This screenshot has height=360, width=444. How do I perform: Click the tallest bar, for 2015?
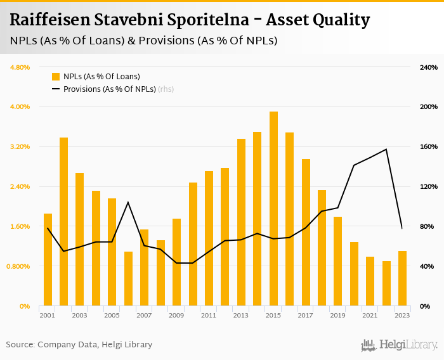[273, 209]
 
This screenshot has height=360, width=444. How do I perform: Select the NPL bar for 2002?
[63, 222]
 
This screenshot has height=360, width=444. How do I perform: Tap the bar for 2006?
[128, 279]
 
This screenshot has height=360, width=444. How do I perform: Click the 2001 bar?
[48, 260]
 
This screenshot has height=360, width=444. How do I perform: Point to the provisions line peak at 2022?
[386, 149]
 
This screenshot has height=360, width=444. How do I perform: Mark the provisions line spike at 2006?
[128, 202]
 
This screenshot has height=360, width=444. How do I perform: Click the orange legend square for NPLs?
[56, 77]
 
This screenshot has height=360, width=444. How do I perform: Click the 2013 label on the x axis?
[241, 315]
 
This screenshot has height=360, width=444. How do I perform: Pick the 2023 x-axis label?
[402, 315]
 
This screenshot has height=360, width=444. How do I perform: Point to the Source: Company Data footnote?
[79, 345]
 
